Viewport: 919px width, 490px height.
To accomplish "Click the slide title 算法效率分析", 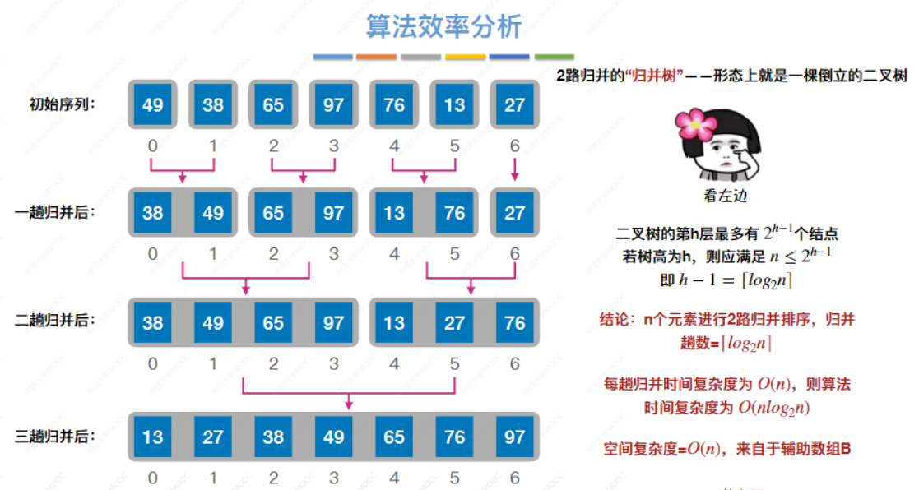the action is [x=443, y=26].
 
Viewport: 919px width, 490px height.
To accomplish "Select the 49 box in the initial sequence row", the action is [x=152, y=105].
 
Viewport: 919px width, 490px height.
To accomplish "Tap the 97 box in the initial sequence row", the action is [x=333, y=105].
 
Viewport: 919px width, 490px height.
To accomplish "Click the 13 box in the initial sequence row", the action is [x=454, y=105].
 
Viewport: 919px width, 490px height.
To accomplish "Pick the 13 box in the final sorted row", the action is [x=152, y=437].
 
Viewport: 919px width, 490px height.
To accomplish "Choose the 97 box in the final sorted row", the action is [x=514, y=437].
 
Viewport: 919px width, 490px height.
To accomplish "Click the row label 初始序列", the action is [x=59, y=104].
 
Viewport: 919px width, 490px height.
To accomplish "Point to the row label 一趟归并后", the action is [x=56, y=212].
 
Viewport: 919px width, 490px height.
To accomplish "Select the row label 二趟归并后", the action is [x=56, y=321].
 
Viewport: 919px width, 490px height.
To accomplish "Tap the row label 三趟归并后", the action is [x=56, y=436].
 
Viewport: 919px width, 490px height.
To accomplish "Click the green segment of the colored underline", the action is [x=554, y=57].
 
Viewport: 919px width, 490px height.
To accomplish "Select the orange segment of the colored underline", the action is [x=377, y=57].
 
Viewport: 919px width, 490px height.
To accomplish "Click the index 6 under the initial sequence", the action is [x=514, y=146].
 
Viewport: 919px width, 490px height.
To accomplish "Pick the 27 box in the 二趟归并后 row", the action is [x=454, y=323].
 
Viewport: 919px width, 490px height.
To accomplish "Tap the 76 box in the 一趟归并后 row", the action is [x=454, y=213].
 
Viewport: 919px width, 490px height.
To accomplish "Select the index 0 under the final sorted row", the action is [x=152, y=478].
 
